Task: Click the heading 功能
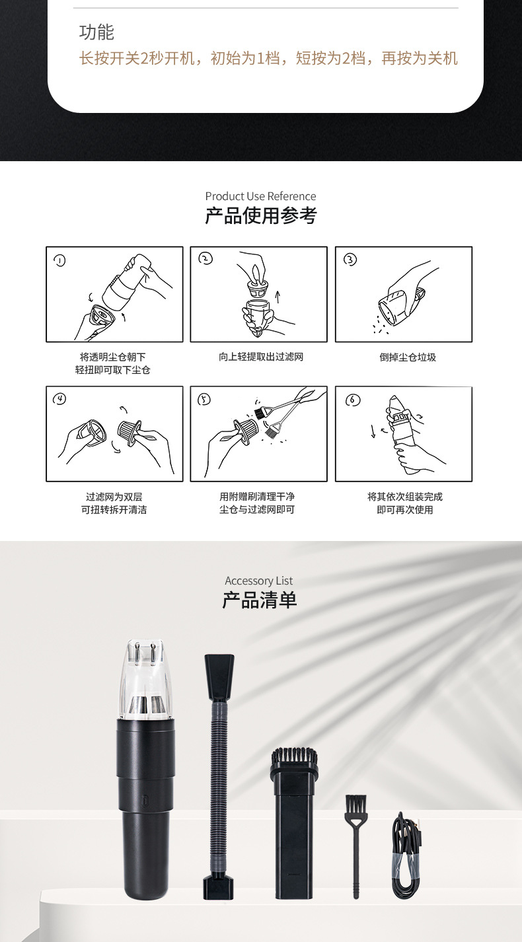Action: pyautogui.click(x=96, y=32)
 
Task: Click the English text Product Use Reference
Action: pyautogui.click(x=260, y=196)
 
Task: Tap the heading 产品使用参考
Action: pyautogui.click(x=260, y=215)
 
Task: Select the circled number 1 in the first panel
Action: pyautogui.click(x=60, y=260)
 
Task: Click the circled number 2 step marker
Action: pyautogui.click(x=205, y=259)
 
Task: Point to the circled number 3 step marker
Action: pyautogui.click(x=350, y=260)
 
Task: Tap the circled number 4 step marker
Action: pyautogui.click(x=61, y=399)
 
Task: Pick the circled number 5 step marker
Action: pyautogui.click(x=205, y=399)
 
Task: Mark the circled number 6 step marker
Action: pyautogui.click(x=353, y=400)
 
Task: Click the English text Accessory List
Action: pyautogui.click(x=258, y=581)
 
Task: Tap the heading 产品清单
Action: pyautogui.click(x=259, y=600)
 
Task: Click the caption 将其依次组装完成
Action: pyautogui.click(x=404, y=496)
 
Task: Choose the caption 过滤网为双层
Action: pyautogui.click(x=114, y=496)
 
